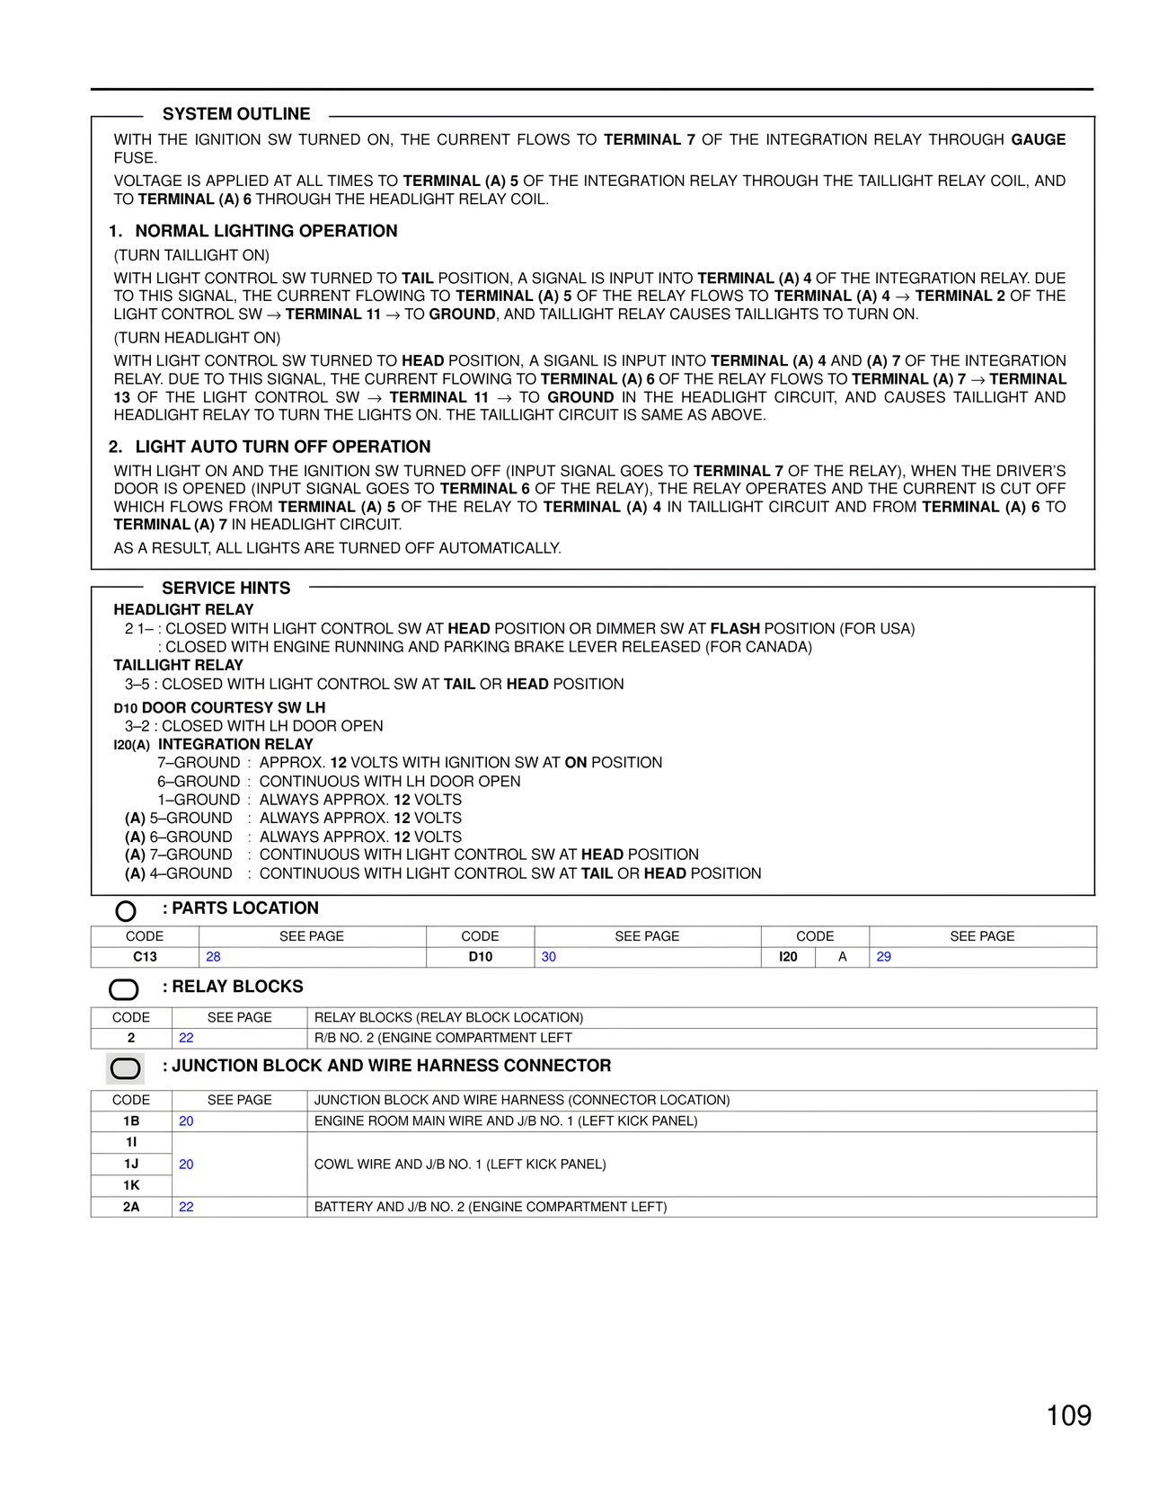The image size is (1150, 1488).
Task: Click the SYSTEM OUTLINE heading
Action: click(x=236, y=114)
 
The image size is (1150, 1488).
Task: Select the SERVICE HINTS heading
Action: click(x=226, y=588)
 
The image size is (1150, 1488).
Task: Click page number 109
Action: click(x=1068, y=1415)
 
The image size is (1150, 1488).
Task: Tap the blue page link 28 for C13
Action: click(x=213, y=957)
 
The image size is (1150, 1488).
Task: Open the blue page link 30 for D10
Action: click(x=548, y=957)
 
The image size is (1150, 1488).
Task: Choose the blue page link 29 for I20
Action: click(x=883, y=957)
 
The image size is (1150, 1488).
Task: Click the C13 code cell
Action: click(x=145, y=957)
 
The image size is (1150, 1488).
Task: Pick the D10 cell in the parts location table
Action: click(x=480, y=957)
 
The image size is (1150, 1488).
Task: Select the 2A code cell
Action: click(x=131, y=1207)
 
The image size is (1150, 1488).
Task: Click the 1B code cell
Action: click(x=131, y=1120)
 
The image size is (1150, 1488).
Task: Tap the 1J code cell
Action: click(x=131, y=1164)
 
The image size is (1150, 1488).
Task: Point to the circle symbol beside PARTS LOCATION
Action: click(x=126, y=911)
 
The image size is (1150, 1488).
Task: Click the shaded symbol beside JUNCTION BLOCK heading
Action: click(x=125, y=1068)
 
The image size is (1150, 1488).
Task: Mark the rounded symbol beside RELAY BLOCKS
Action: click(x=124, y=989)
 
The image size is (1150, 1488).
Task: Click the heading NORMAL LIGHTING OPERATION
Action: click(x=266, y=231)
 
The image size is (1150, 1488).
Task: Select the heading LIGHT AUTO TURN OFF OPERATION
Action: click(x=283, y=447)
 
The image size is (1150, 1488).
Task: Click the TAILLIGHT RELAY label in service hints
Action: click(x=178, y=665)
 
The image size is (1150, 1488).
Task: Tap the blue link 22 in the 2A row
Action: click(x=186, y=1207)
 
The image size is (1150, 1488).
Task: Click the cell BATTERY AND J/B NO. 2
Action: click(x=490, y=1207)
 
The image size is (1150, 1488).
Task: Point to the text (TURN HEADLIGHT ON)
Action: click(x=197, y=338)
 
